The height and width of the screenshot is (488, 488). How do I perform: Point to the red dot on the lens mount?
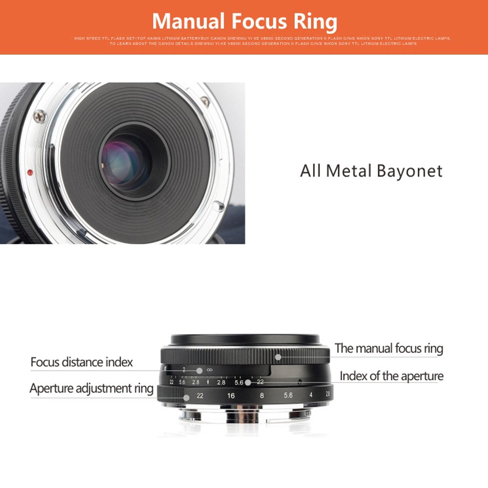[x=30, y=172]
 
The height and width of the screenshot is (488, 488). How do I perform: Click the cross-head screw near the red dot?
[x=40, y=116]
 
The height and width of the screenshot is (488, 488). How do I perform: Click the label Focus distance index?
[x=81, y=362]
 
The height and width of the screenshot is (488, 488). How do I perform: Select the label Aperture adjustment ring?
[x=91, y=389]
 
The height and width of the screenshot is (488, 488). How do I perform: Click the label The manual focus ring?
[x=388, y=348]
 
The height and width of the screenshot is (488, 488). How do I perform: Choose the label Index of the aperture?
[x=391, y=376]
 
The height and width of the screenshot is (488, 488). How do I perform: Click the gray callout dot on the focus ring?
[x=278, y=357]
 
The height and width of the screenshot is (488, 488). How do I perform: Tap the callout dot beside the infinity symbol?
[x=199, y=371]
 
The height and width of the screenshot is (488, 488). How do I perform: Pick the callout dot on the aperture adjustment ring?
[x=186, y=396]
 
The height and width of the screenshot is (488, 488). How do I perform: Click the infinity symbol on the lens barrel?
[x=210, y=370]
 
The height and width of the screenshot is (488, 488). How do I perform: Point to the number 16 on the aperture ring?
[x=231, y=395]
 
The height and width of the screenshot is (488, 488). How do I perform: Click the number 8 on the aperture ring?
[x=262, y=395]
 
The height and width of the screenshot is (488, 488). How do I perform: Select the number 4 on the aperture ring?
[x=311, y=395]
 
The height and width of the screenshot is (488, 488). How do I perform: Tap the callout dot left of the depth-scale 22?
[x=248, y=383]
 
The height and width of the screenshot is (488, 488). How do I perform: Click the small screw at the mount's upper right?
[x=205, y=102]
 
